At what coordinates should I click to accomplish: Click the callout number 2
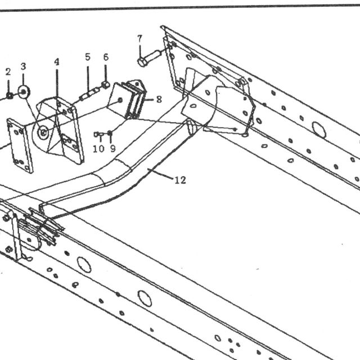8,72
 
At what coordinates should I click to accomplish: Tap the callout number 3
23,66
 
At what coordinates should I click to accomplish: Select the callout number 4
57,62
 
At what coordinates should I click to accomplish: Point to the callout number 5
88,57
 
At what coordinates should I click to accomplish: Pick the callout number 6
106,57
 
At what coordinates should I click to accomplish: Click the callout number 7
140,39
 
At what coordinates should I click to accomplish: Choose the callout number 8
159,100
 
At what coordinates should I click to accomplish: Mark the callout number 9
112,148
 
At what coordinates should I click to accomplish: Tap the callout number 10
99,149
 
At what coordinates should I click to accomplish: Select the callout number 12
180,180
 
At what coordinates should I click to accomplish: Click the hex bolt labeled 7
149,58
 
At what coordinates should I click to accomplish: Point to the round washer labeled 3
24,92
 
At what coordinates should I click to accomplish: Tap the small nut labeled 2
10,95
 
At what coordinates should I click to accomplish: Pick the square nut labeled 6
106,85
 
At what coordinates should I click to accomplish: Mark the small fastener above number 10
97,134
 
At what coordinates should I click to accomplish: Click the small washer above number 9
110,133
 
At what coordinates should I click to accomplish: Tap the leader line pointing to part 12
160,173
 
